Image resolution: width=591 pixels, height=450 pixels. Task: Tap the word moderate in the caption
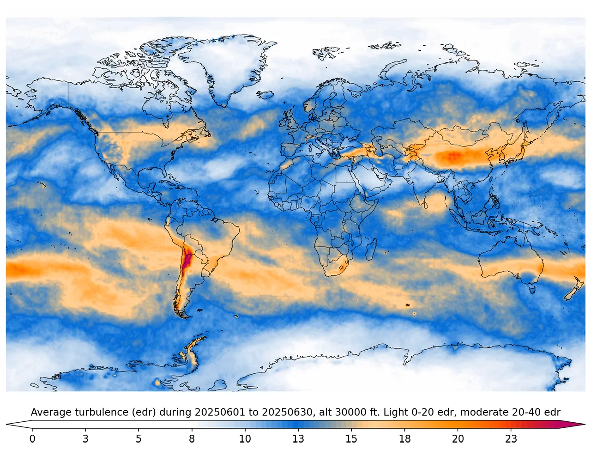click(x=483, y=412)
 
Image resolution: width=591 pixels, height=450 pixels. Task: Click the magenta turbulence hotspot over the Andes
click(x=187, y=261)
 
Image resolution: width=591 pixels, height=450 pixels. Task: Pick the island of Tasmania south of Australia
click(x=531, y=289)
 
